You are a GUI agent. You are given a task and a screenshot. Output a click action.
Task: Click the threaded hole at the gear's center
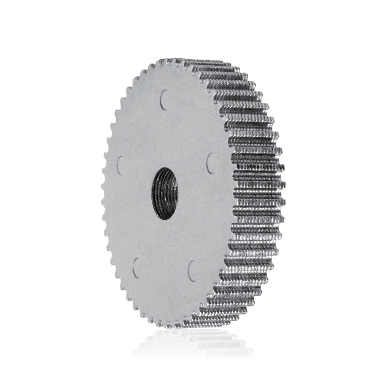click(x=165, y=193)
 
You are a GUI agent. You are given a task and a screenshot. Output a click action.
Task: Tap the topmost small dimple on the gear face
click(x=164, y=99)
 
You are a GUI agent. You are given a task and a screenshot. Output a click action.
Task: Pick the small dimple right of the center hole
click(x=211, y=163)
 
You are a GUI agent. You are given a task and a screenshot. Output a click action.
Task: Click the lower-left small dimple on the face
click(x=137, y=268)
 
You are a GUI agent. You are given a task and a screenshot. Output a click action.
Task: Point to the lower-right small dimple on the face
click(x=193, y=271)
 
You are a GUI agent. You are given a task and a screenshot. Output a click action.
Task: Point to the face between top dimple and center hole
click(x=164, y=135)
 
